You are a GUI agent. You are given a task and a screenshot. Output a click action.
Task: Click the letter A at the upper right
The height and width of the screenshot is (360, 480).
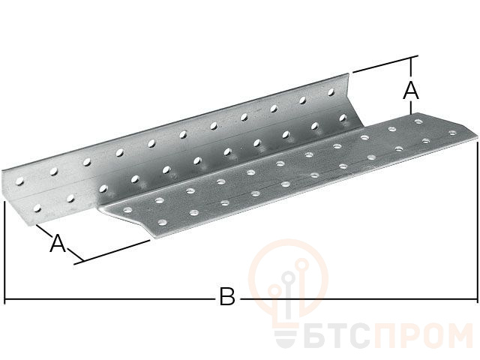(x=410, y=91)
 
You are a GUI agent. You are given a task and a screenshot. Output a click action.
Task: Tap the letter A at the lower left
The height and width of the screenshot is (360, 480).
(x=57, y=242)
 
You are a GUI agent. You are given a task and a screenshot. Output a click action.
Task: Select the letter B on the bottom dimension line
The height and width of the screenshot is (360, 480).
(x=226, y=298)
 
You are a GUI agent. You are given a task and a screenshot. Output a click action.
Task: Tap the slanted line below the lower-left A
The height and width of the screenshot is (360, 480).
(x=112, y=252)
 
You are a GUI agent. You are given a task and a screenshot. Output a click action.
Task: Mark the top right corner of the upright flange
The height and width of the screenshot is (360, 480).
(x=349, y=73)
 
